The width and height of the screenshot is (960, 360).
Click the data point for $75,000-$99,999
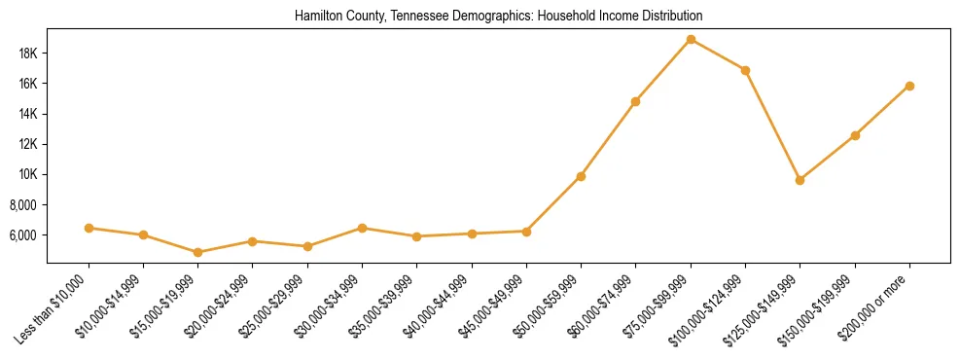point(691,40)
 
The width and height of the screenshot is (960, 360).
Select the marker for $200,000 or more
point(909,86)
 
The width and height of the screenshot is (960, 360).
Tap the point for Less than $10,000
point(89,228)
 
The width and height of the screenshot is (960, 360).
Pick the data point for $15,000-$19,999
point(198,252)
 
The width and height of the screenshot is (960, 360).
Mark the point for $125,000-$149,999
point(800,180)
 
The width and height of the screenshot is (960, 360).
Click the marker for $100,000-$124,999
point(745,70)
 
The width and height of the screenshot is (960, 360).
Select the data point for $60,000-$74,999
point(635,101)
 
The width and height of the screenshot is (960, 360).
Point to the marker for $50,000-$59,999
point(581,176)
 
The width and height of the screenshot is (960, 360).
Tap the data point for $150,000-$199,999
point(855,135)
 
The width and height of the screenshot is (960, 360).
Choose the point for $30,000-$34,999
point(362,228)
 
